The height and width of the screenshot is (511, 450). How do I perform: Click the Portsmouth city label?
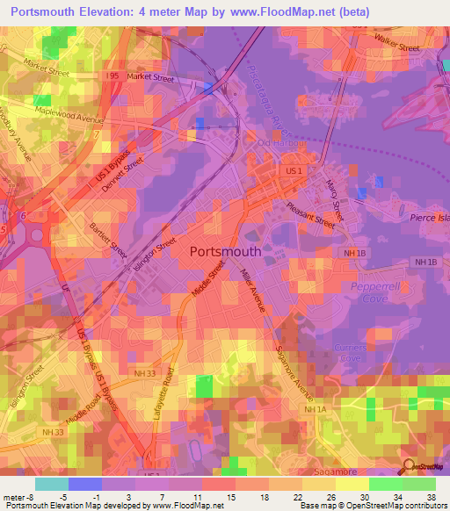pos(225,250)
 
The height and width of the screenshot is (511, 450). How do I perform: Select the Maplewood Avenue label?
pos(69,113)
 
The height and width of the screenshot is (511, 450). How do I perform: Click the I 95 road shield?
pos(112,77)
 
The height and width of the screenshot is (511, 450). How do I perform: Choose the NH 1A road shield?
pos(314,409)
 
